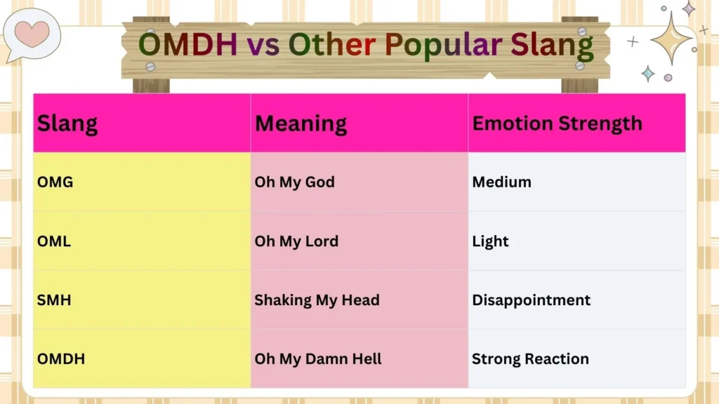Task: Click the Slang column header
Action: point(67,124)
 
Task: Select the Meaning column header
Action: point(301,124)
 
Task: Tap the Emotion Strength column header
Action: point(557,124)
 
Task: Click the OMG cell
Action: point(55,182)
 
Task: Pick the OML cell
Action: point(54,241)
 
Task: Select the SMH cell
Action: point(54,300)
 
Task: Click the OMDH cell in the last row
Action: point(61,359)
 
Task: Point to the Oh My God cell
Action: point(294,182)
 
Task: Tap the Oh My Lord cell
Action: point(296,241)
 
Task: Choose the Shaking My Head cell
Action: point(317,300)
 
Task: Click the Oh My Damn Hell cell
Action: point(318,359)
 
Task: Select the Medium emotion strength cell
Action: point(501,182)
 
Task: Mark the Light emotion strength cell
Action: point(490,241)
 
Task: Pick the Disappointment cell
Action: point(531,300)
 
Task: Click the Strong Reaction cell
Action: point(530,359)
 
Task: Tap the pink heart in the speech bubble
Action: point(32,32)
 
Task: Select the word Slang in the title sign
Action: point(555,46)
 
